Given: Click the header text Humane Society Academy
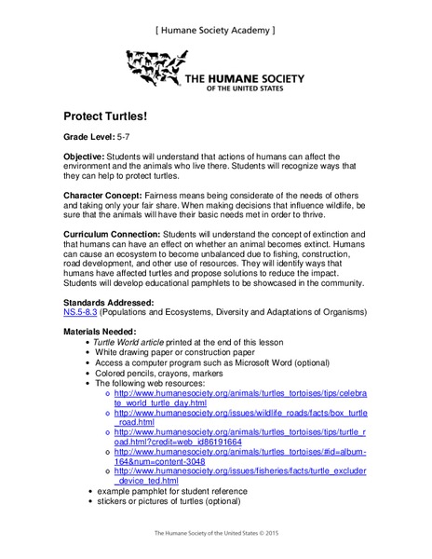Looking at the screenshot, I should [215, 30].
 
